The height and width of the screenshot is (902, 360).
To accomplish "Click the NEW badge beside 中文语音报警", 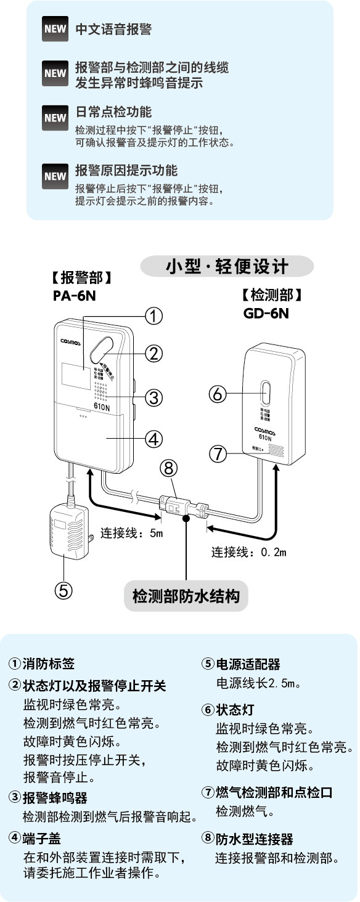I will pos(55,30).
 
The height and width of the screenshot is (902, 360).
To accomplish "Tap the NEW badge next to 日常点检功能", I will pos(55,117).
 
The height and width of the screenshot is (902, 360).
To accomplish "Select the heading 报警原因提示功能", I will pos(126,170).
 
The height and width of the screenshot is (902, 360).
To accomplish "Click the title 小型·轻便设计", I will pos(227,267).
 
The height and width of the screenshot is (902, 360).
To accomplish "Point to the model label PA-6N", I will pos(74,296).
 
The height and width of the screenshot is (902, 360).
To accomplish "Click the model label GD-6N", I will pos(266,312).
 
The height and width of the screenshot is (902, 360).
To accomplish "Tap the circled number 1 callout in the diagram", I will pos(153,316).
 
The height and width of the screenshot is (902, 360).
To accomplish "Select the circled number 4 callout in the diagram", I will pos(153,439).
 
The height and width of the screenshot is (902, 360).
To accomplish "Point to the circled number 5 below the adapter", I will pos(63,590).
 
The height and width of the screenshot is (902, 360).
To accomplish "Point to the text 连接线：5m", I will pos(131,532).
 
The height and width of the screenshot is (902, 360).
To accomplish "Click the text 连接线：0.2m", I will pos(249,551).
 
